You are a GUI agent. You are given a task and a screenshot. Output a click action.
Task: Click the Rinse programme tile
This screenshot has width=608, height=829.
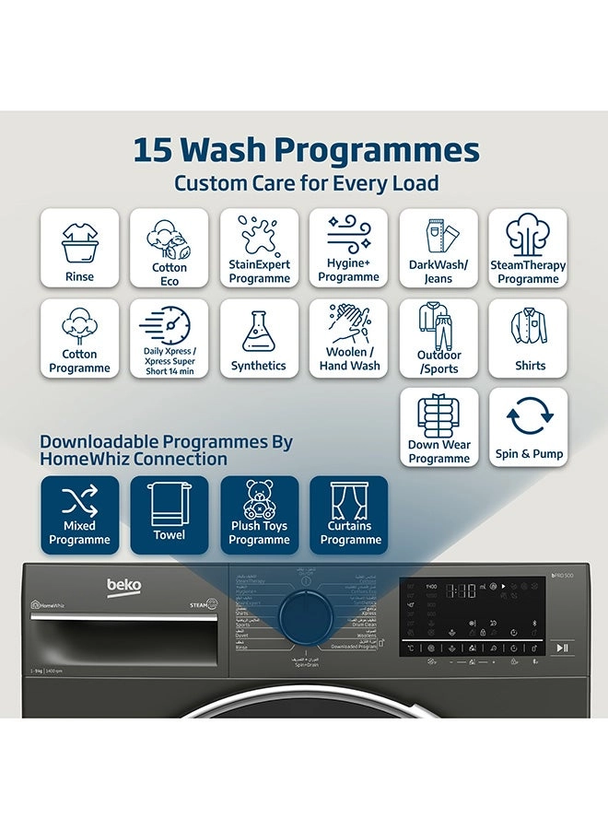tap(79, 248)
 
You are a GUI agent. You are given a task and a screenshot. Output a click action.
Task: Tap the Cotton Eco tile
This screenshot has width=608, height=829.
tap(170, 248)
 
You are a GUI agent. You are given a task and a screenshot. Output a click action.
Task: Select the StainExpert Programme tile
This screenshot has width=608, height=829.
tap(259, 248)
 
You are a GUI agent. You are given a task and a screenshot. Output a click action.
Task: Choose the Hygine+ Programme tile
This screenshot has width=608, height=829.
tap(349, 248)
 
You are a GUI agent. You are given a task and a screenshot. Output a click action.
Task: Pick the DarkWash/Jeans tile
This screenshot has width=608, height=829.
tap(438, 248)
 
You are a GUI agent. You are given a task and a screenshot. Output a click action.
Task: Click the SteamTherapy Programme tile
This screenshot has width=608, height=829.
tap(528, 248)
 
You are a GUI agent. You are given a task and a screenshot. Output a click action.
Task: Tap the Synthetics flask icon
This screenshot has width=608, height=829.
tap(259, 331)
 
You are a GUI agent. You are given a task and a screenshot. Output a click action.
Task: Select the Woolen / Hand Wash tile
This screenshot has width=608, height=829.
tap(349, 338)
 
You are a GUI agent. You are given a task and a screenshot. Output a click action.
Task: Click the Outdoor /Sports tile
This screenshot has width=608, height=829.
tap(438, 338)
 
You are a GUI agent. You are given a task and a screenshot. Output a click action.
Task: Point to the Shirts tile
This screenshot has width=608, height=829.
tap(528, 338)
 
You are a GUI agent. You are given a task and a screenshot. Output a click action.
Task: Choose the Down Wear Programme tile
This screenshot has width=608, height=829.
tap(438, 427)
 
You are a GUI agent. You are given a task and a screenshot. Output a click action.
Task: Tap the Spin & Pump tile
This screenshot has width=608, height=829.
tap(528, 427)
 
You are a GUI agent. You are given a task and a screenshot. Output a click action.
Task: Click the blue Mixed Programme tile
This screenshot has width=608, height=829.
tap(79, 515)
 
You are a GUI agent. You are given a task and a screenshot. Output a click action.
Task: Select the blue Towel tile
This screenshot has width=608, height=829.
tap(170, 515)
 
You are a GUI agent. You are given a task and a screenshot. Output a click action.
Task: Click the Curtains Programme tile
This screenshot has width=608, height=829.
tap(349, 515)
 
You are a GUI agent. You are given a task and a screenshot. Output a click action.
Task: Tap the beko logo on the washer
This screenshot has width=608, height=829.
tap(124, 586)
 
